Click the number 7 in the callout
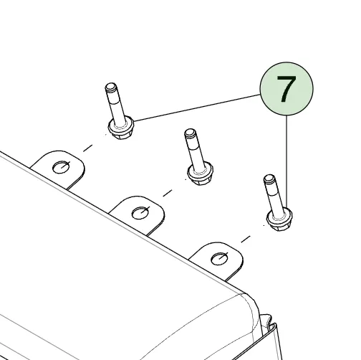pos(287,89)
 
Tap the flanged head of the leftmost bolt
pos(121,128)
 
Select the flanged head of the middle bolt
pos(200,174)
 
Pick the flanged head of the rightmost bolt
pos(279,219)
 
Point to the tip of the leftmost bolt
pos(111,85)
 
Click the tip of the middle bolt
pos(190,132)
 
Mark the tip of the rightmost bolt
pos(269,177)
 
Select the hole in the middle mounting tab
pos(140,213)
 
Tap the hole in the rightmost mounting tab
pos(220,259)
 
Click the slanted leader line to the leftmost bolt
pos(197,108)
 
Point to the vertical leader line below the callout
pos(287,162)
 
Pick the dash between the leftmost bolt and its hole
pos(87,148)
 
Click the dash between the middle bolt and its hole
pos(168,193)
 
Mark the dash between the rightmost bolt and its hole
pos(246,239)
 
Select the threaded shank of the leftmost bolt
pos(116,105)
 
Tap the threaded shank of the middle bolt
pos(196,151)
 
